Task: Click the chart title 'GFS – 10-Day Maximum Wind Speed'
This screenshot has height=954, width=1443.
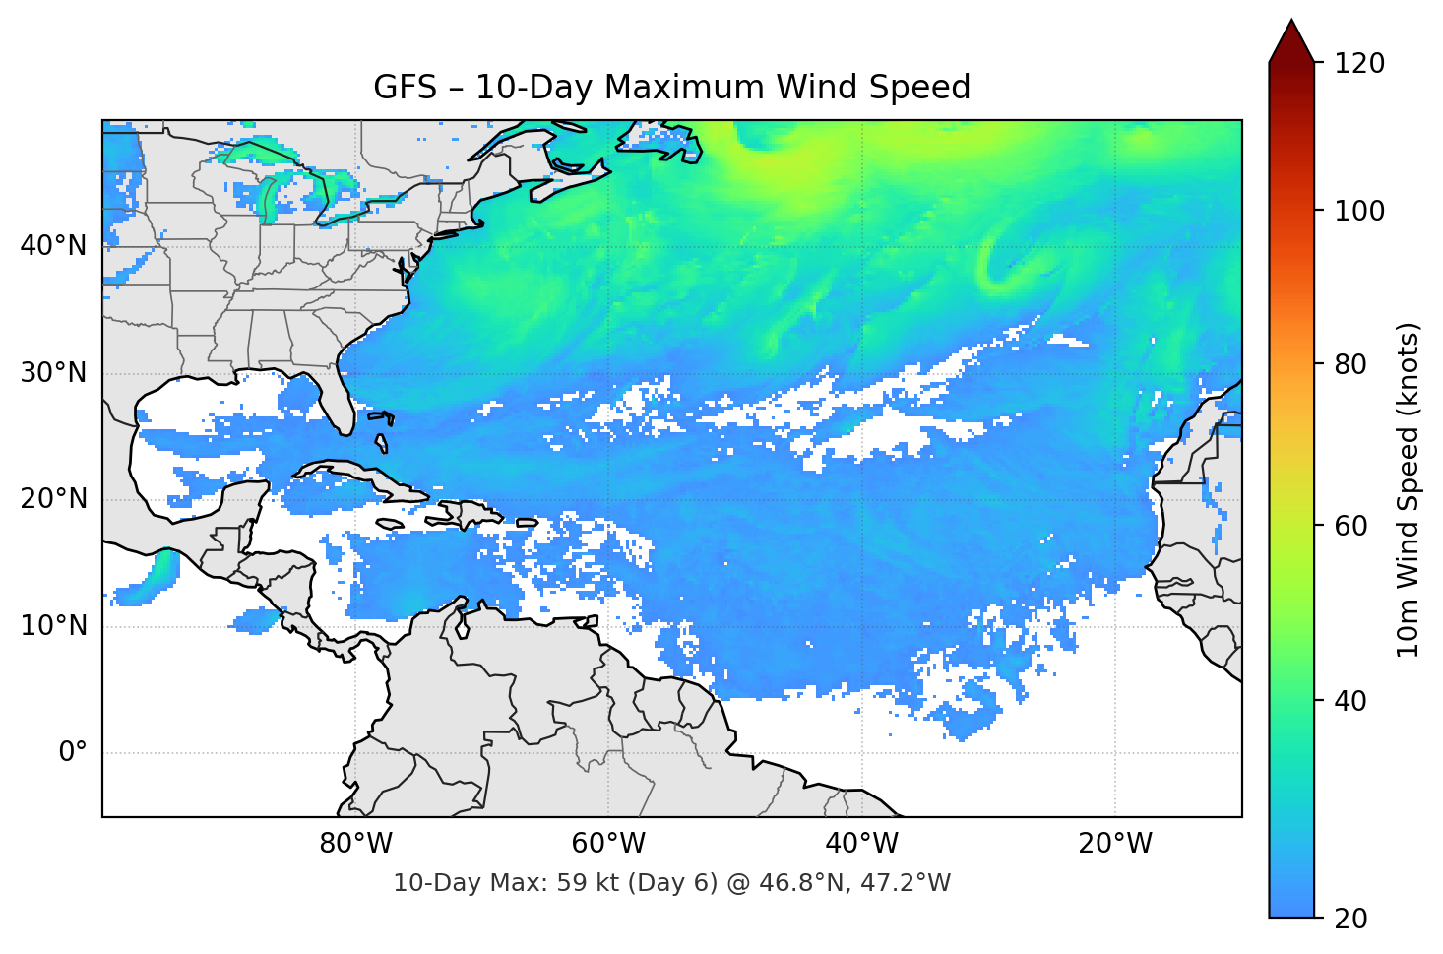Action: pyautogui.click(x=671, y=88)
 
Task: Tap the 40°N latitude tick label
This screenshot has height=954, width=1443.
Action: pyautogui.click(x=53, y=246)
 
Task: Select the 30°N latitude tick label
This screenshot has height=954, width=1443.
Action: pyautogui.click(x=53, y=373)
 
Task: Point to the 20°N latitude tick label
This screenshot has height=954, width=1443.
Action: pyautogui.click(x=53, y=499)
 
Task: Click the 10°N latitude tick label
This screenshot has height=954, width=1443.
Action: pyautogui.click(x=53, y=626)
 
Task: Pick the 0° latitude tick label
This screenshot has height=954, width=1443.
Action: pyautogui.click(x=73, y=753)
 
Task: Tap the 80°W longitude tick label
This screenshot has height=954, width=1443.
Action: pyautogui.click(x=355, y=844)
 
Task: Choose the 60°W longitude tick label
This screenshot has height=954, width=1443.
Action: pyautogui.click(x=608, y=844)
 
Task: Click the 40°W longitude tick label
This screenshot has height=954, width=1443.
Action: pyautogui.click(x=861, y=844)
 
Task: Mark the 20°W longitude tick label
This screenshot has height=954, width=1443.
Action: pyautogui.click(x=1114, y=844)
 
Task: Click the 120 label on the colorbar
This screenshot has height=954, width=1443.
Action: pyautogui.click(x=1359, y=64)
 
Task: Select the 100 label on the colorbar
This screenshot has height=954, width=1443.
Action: pyautogui.click(x=1359, y=211)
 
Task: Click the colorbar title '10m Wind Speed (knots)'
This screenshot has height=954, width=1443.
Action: pyautogui.click(x=1409, y=489)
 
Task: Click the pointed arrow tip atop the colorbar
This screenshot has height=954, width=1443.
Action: pyautogui.click(x=1291, y=24)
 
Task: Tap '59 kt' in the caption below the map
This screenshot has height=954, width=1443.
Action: pyautogui.click(x=588, y=883)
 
